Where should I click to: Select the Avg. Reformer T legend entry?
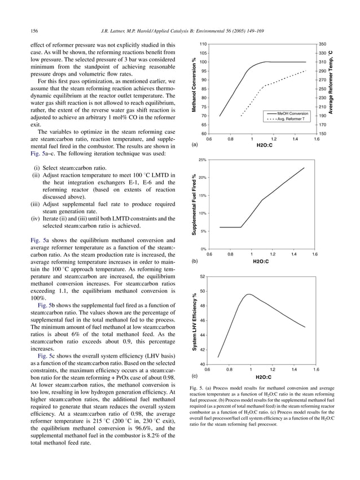click(x=291, y=119)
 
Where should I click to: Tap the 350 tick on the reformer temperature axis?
click(x=322, y=43)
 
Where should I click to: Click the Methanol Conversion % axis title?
click(x=194, y=88)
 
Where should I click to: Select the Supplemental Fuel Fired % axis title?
click(x=194, y=204)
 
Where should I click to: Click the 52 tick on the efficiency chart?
click(x=203, y=276)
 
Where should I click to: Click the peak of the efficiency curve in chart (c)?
click(x=248, y=294)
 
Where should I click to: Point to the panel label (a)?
click(x=195, y=145)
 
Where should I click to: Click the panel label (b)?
click(x=195, y=262)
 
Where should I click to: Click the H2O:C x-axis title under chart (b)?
click(x=260, y=262)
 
